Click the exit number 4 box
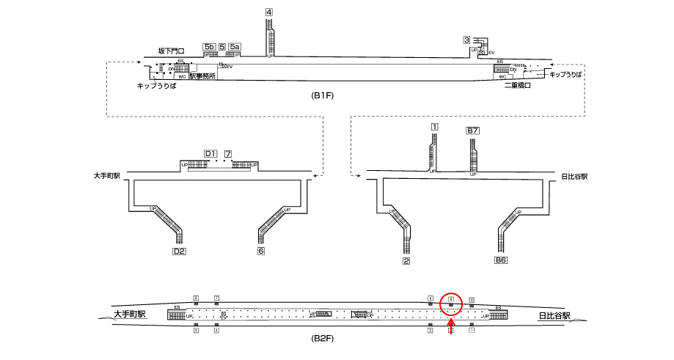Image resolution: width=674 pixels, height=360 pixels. (269, 12)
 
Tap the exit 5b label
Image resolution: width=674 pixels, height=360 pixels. (209, 47)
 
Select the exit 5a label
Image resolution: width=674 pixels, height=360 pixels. (235, 47)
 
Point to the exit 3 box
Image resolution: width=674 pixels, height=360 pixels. (466, 40)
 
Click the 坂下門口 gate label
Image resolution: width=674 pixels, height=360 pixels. (171, 51)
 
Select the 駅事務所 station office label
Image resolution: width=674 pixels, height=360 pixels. (202, 76)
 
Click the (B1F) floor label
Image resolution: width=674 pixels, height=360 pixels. (323, 96)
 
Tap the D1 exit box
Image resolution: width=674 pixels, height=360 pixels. (210, 153)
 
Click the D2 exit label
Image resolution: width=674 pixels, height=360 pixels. (178, 251)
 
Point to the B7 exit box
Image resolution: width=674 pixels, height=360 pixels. (473, 131)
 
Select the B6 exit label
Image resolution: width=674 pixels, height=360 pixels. (501, 260)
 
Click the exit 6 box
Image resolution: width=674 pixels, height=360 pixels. (260, 251)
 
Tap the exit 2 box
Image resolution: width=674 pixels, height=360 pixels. (406, 260)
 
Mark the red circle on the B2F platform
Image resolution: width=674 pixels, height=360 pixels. (451, 303)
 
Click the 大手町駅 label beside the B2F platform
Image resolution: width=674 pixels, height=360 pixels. (130, 314)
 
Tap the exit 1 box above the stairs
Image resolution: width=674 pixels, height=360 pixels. (435, 127)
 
